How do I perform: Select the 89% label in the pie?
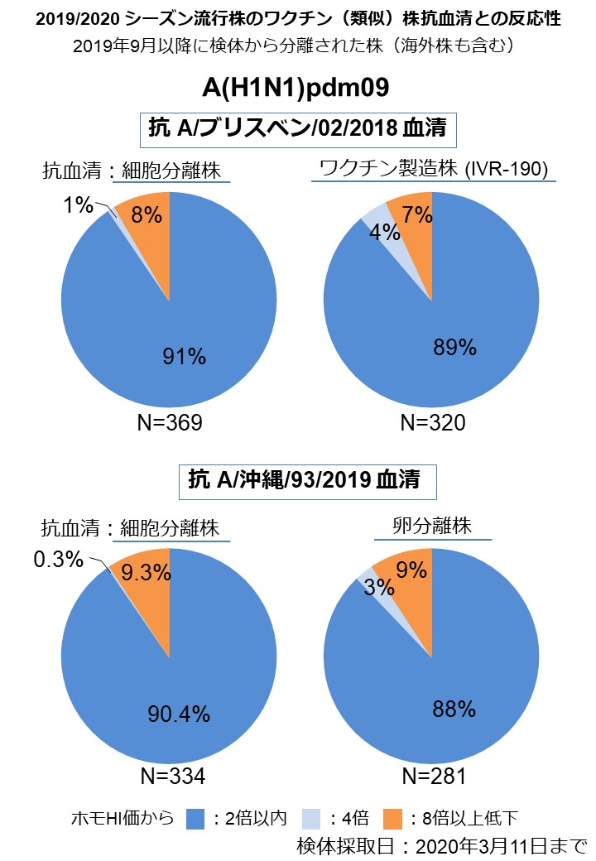tap(454, 349)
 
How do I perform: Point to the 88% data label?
tap(454, 709)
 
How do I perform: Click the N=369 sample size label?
tap(170, 423)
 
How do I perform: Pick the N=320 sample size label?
tap(433, 423)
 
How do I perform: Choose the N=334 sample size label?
tap(171, 777)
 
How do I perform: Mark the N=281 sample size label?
tap(433, 777)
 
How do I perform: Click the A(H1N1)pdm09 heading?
tap(296, 89)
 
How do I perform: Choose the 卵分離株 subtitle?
tap(433, 526)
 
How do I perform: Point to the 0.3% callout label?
tap(58, 560)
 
